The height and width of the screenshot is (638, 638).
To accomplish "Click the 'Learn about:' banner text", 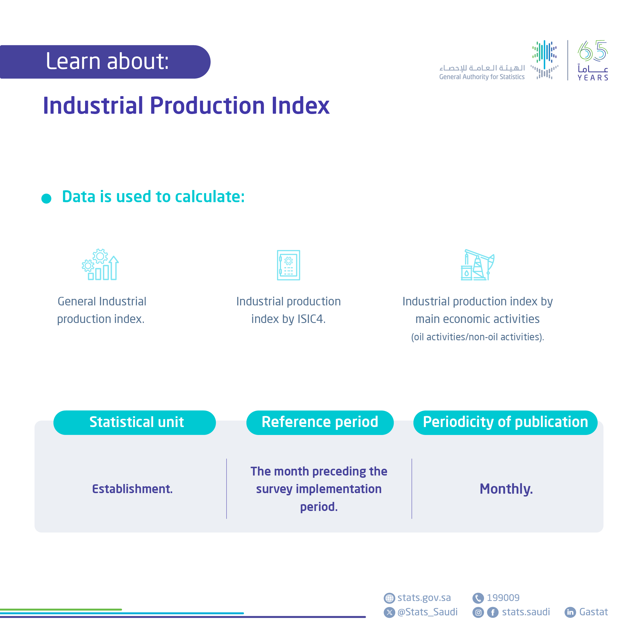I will pos(107,62).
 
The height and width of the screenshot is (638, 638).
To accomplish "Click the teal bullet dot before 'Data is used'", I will pos(46,198).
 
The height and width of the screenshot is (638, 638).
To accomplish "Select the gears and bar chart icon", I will pos(100,265).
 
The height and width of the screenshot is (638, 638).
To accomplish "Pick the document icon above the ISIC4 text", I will pos(288,265).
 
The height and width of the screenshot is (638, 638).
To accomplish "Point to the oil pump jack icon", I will pos(477,265).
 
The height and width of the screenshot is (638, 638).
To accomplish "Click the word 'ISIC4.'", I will pos(311,319).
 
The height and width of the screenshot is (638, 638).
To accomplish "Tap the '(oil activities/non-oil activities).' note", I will pos(477,337).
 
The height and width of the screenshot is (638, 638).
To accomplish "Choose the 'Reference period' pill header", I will pos(320,422).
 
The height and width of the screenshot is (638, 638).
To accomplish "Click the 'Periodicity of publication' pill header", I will pos(505,422).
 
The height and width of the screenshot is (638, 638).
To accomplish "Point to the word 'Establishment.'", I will pos(132,489).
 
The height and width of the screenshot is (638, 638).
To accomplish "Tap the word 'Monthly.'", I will pos(506,489).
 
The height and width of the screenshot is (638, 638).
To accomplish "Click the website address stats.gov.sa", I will pos(424,598).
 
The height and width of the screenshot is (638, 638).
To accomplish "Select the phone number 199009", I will pos(503,598).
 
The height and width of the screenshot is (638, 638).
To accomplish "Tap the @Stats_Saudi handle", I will pos(427,612).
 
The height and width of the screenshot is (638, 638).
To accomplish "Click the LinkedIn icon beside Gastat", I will pos(570,612).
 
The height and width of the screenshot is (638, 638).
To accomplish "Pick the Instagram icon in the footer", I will pos(478,612).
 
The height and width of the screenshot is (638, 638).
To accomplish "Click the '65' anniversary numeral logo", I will pos(593,51).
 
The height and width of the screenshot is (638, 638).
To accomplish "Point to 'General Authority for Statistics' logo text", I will pos(481,77).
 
